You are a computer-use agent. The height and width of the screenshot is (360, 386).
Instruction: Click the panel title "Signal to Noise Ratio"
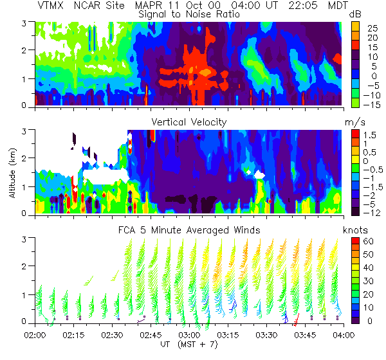[x=188, y=14]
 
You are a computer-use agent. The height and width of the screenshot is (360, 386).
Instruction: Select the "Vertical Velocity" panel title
[x=188, y=122]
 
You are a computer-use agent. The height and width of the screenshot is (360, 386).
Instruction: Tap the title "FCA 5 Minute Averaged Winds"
[x=188, y=230]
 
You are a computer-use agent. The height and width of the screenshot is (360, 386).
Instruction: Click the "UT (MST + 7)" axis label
[x=188, y=345]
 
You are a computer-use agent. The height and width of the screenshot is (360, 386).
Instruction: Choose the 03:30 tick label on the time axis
[x=266, y=335]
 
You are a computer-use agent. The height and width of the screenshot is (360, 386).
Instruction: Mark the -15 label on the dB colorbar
[x=372, y=104]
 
